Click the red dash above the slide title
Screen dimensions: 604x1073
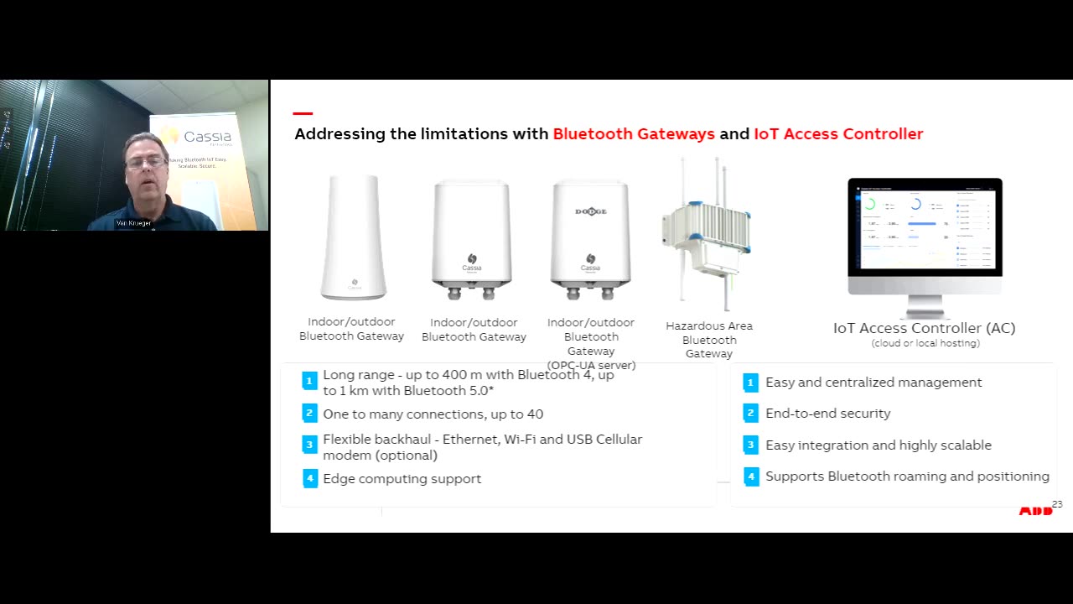click(303, 113)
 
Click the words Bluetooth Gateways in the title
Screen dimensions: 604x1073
click(634, 134)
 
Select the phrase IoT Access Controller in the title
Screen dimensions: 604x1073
click(838, 134)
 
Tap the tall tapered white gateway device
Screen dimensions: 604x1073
click(354, 237)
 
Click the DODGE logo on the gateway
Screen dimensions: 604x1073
click(590, 211)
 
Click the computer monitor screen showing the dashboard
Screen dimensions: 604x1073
click(925, 226)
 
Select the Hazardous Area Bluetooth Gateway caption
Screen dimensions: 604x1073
click(709, 340)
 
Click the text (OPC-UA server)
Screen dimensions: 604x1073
click(591, 365)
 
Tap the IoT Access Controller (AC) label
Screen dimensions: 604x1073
click(924, 328)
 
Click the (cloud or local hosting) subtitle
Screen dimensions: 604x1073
click(925, 343)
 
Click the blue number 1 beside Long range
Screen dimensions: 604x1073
click(309, 382)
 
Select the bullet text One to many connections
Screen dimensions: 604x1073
click(433, 414)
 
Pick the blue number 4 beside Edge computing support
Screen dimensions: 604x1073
click(309, 479)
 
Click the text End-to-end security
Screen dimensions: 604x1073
click(827, 414)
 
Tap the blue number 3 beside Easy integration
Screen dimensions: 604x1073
click(750, 445)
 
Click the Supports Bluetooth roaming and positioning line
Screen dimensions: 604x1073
click(907, 476)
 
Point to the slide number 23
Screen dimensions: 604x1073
click(1056, 504)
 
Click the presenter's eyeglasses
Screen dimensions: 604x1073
click(144, 161)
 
